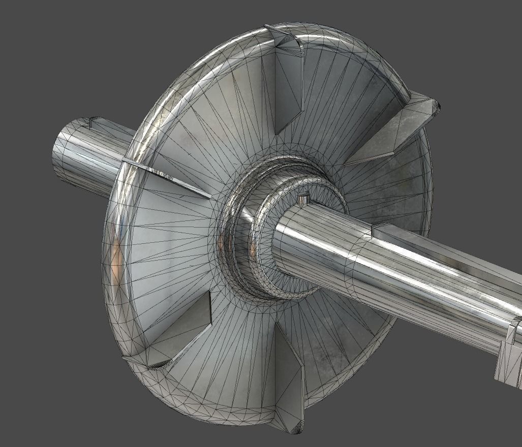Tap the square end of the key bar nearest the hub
[375, 231]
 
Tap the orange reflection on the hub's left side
[223, 244]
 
